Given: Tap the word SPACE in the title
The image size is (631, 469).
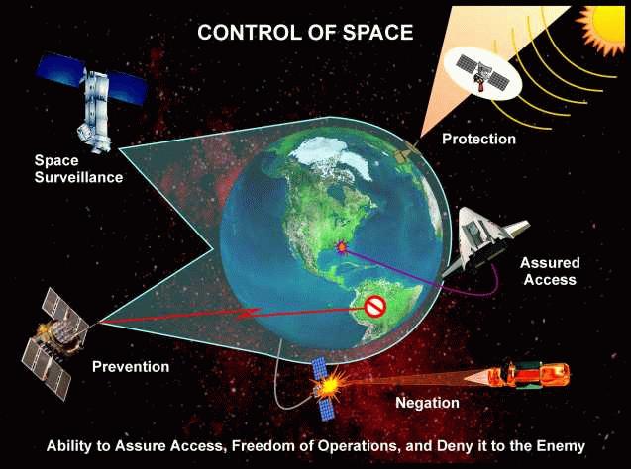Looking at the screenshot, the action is coord(377,32).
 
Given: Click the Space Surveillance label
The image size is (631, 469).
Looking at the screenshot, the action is coord(78,169).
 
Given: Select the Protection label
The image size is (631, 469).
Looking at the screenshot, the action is coord(478,140).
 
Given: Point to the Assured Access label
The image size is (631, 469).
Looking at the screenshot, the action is coord(550,271).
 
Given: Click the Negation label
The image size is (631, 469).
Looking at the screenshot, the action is coord(427,403).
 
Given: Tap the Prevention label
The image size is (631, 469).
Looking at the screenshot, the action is coord(131,367).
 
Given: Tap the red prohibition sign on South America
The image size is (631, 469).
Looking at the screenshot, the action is coord(375,307).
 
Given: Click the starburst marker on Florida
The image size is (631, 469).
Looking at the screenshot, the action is coord(342,246).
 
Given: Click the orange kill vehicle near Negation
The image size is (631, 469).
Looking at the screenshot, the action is coord(529,375).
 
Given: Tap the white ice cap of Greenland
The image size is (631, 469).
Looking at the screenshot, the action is coord(333,157).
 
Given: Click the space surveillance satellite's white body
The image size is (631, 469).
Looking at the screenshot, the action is coord(94,108).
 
